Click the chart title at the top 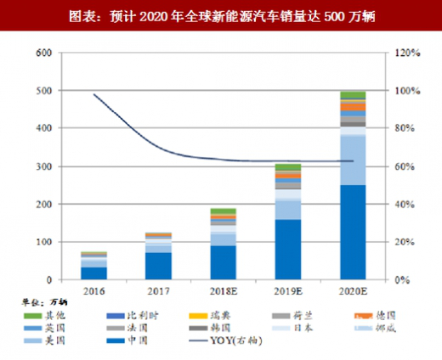click(221, 16)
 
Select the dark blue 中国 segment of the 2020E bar click(352, 233)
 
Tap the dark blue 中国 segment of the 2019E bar click(288, 250)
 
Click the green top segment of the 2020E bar click(352, 95)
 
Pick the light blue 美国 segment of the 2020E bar click(352, 160)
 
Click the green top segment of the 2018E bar click(224, 211)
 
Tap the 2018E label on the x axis click(224, 290)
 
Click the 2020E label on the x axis click(352, 290)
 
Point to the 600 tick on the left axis click(42, 53)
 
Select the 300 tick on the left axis click(42, 166)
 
